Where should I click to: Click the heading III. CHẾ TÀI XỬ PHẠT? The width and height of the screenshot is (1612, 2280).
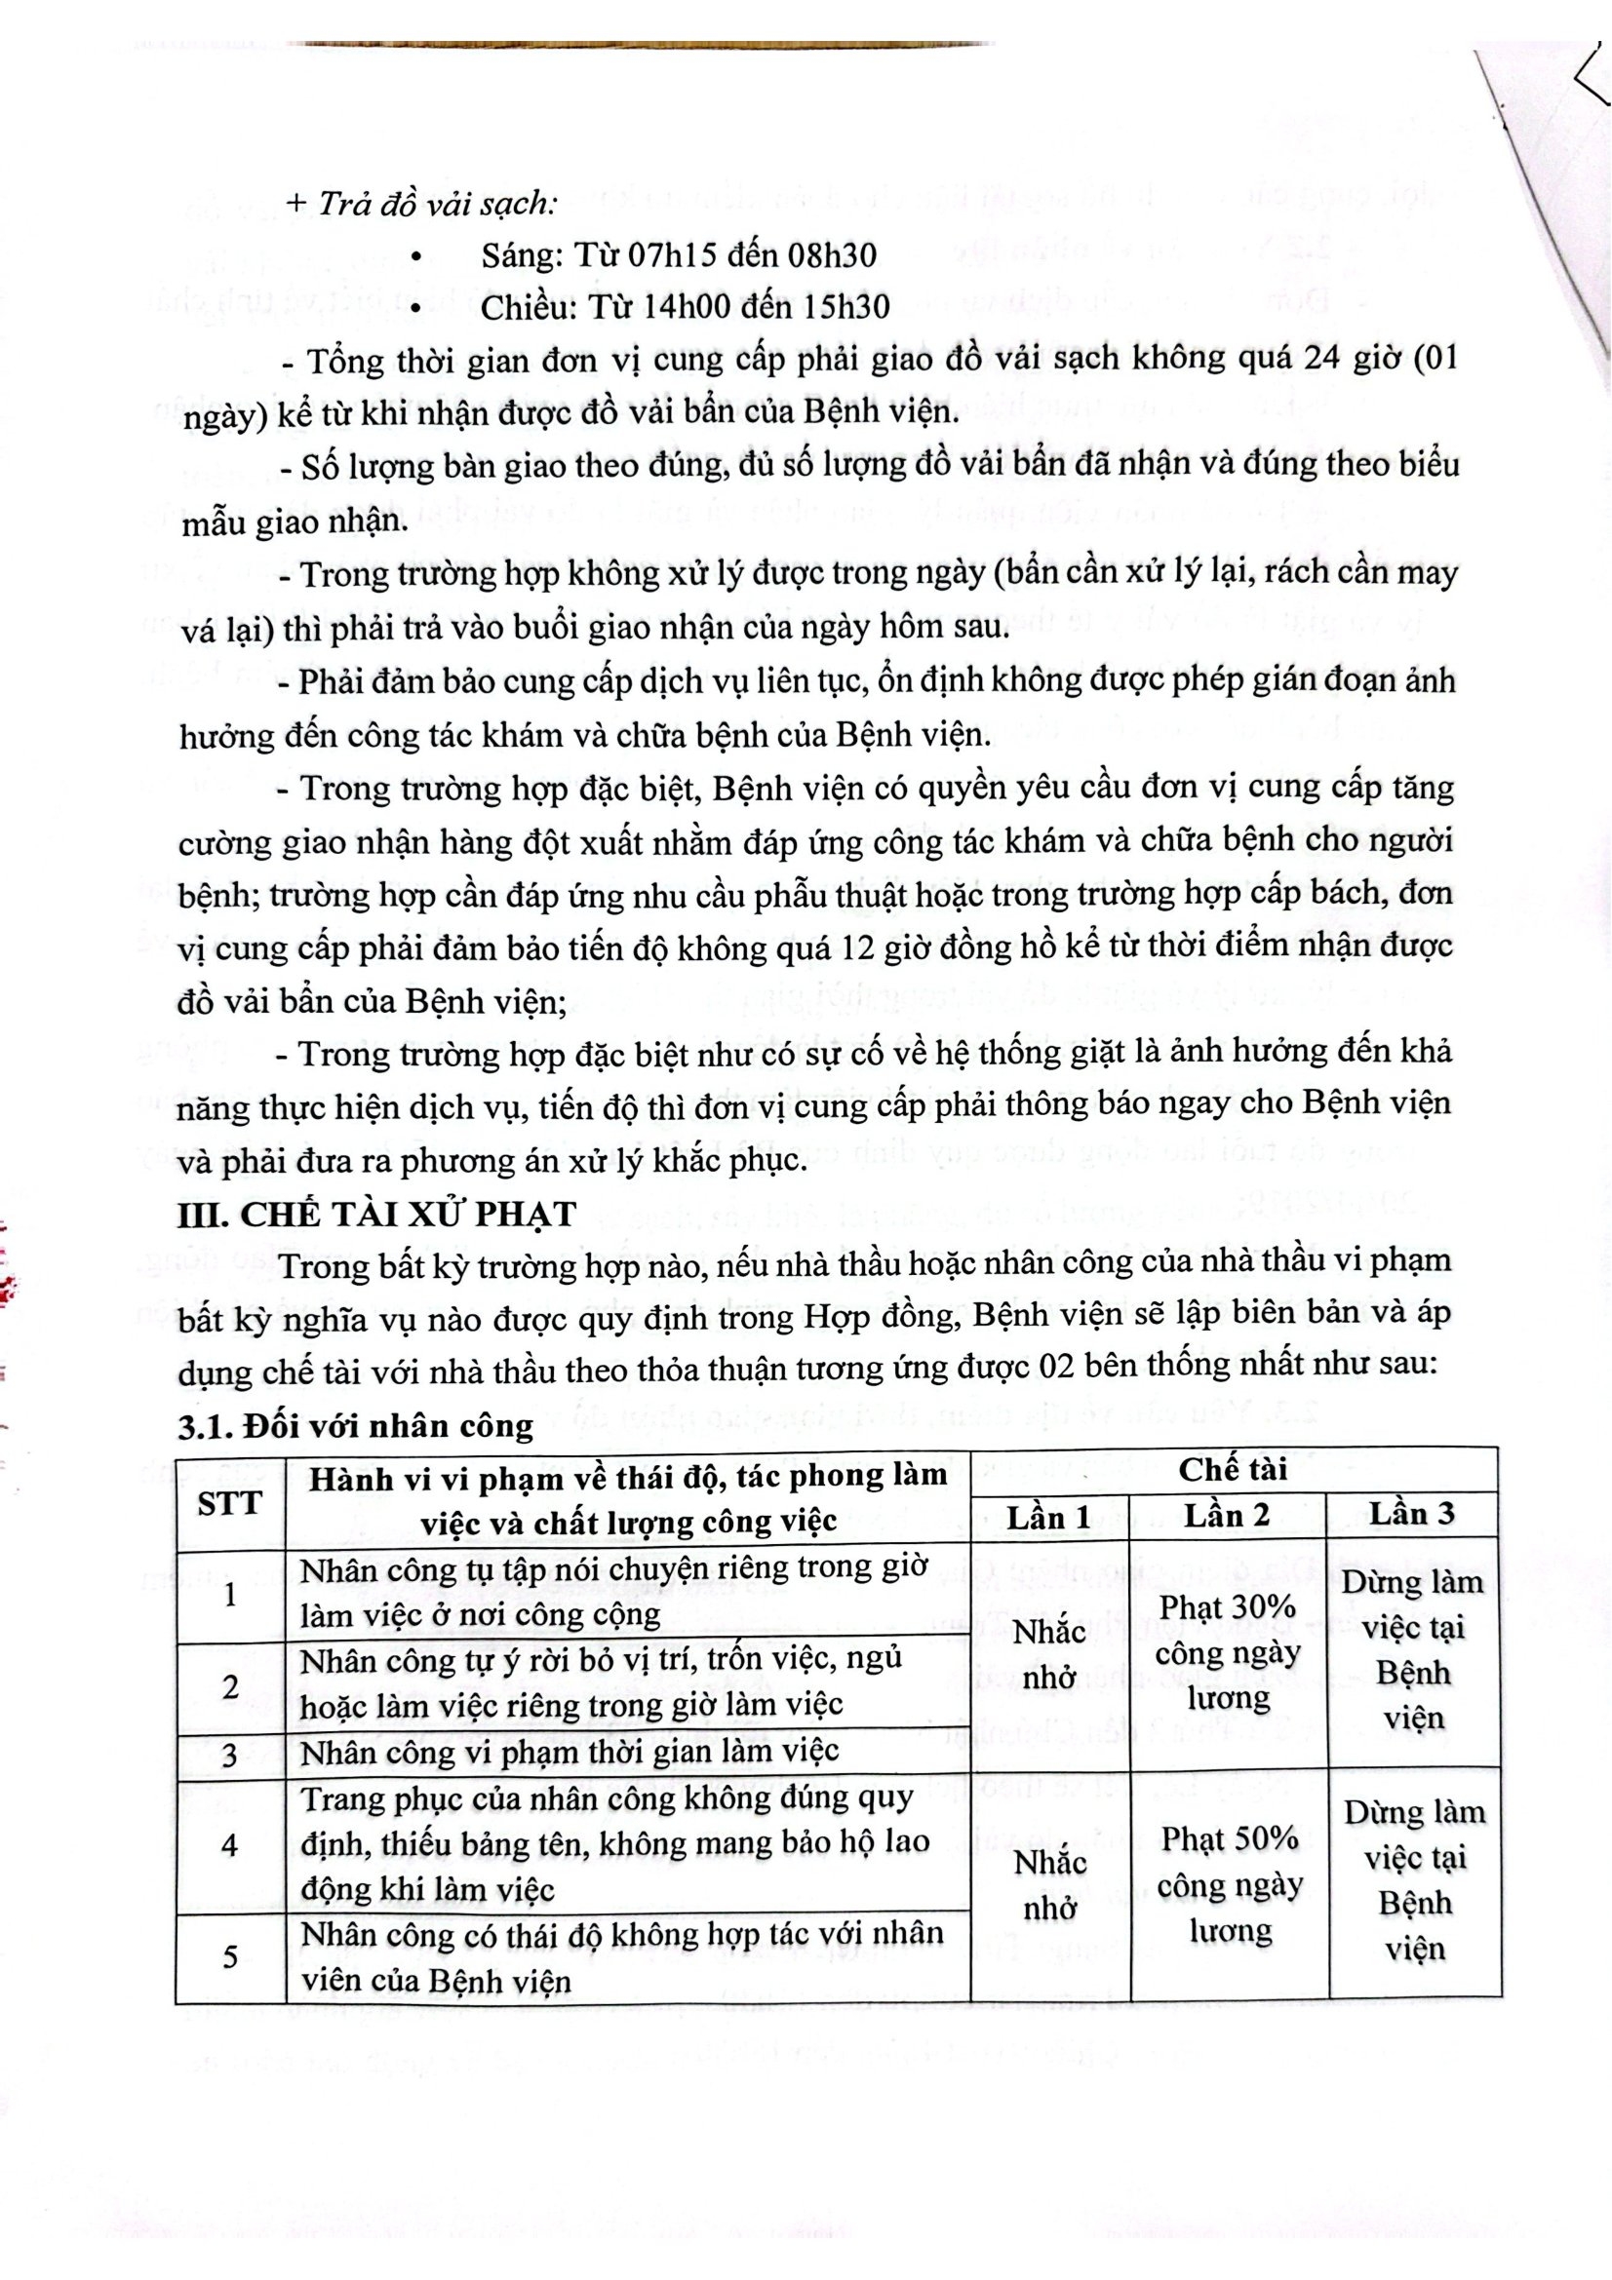[376, 1215]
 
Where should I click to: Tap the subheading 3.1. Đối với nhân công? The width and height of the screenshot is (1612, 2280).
[356, 1426]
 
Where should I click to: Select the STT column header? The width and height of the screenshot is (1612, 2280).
[228, 1503]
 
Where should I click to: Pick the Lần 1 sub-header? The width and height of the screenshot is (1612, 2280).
[1049, 1518]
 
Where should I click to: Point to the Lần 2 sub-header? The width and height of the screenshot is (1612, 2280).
[1228, 1516]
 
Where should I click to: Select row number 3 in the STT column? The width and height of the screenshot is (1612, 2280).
[229, 1755]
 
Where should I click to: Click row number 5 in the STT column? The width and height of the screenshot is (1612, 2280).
[229, 1956]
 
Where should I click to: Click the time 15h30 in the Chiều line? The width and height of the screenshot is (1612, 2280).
[841, 307]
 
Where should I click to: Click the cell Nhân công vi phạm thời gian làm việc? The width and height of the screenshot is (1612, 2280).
[571, 1752]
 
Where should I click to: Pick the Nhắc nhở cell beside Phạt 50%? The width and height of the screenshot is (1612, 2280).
[1050, 1885]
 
